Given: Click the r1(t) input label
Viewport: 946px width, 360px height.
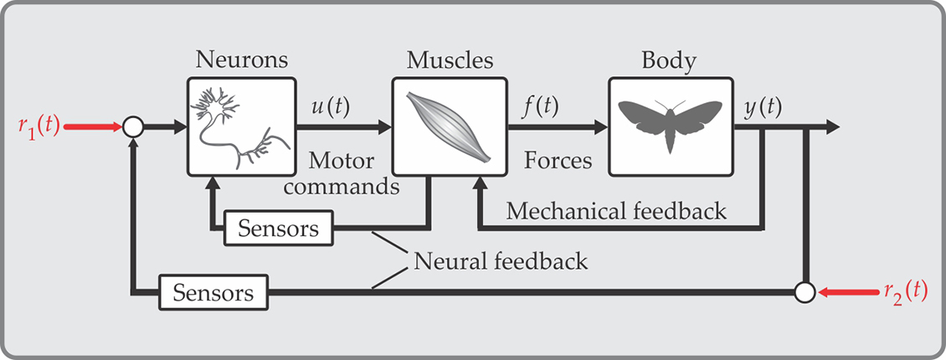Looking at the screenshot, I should pos(37,126).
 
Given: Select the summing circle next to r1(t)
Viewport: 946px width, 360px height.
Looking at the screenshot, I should pos(133,127).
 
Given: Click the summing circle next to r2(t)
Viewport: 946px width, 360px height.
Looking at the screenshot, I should pos(805,292).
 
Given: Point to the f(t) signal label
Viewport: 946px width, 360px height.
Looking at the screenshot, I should pos(541,106).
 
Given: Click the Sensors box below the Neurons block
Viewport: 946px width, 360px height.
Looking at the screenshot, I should pos(278,229).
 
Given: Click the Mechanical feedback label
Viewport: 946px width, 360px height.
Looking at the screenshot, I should pos(616,211).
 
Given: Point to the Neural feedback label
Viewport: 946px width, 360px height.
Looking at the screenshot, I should pos(500,261).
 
